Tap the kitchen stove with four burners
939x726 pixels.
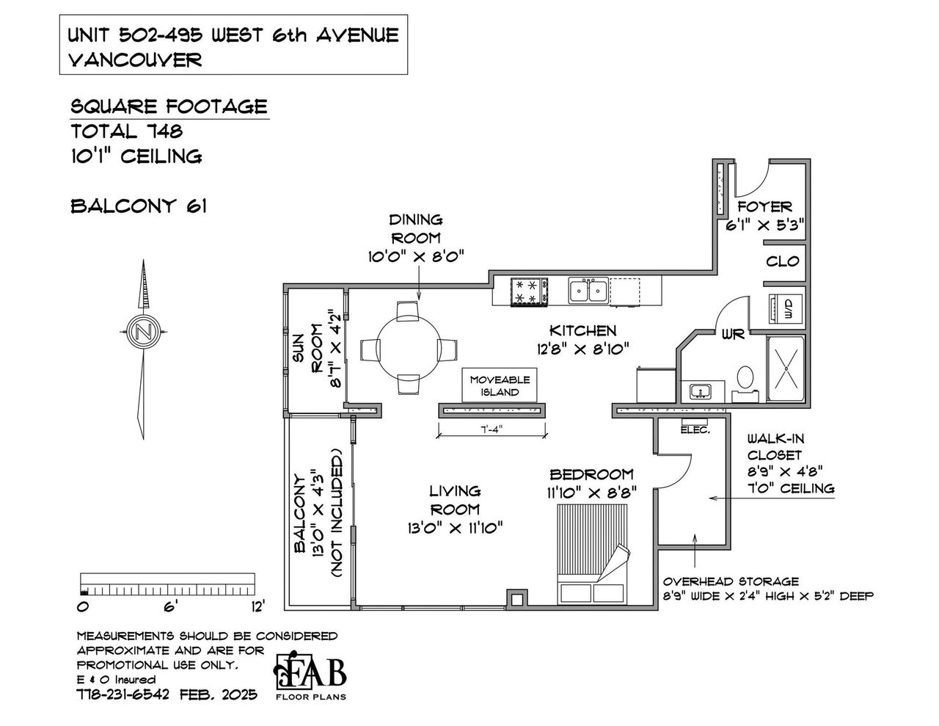[529, 291]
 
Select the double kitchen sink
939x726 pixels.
[588, 290]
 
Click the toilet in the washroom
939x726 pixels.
[744, 379]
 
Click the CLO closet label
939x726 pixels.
[782, 261]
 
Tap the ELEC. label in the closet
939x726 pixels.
[695, 429]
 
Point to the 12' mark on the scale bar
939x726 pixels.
[256, 606]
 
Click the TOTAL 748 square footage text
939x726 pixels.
[126, 131]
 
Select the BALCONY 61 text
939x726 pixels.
[138, 206]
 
